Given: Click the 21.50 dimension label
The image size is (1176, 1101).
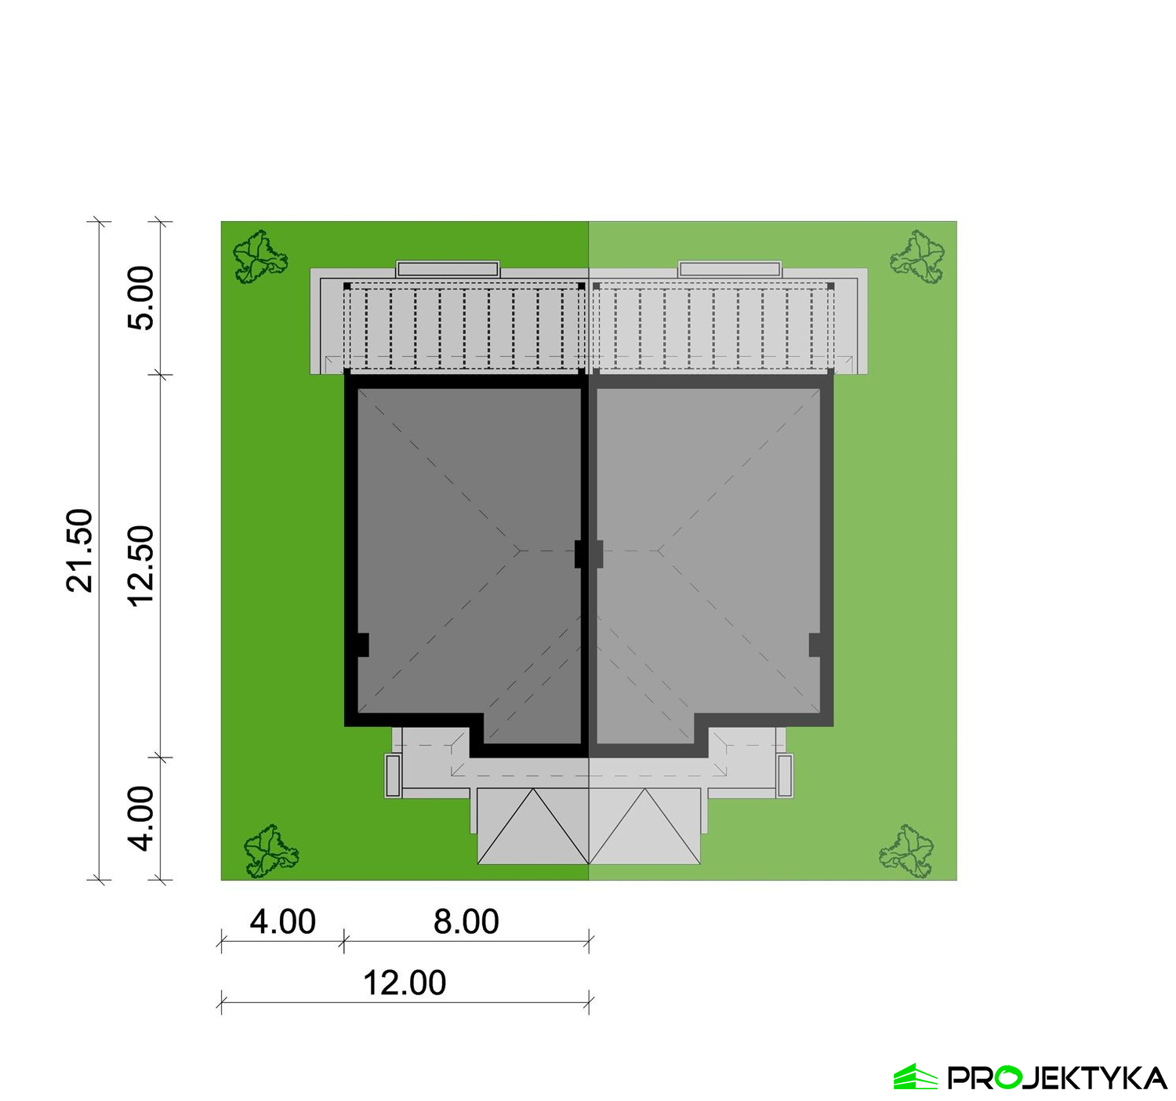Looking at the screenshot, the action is pyautogui.click(x=79, y=550).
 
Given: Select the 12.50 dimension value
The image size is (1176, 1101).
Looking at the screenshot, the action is pyautogui.click(x=141, y=566).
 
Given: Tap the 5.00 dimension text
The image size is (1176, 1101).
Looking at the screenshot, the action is pyautogui.click(x=141, y=298).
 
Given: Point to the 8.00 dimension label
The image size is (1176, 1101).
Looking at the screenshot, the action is pyautogui.click(x=466, y=922).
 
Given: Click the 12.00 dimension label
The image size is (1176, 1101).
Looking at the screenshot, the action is pyautogui.click(x=405, y=983).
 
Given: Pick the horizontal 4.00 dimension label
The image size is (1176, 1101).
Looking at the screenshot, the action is pyautogui.click(x=282, y=922).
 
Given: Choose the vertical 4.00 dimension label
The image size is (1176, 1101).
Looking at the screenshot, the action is pyautogui.click(x=141, y=819).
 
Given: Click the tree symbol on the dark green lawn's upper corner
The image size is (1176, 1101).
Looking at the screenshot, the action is pyautogui.click(x=260, y=257).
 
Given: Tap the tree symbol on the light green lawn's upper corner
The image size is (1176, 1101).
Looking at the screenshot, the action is pyautogui.click(x=917, y=257).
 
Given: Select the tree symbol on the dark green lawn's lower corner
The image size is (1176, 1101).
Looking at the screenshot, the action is pyautogui.click(x=271, y=851).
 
